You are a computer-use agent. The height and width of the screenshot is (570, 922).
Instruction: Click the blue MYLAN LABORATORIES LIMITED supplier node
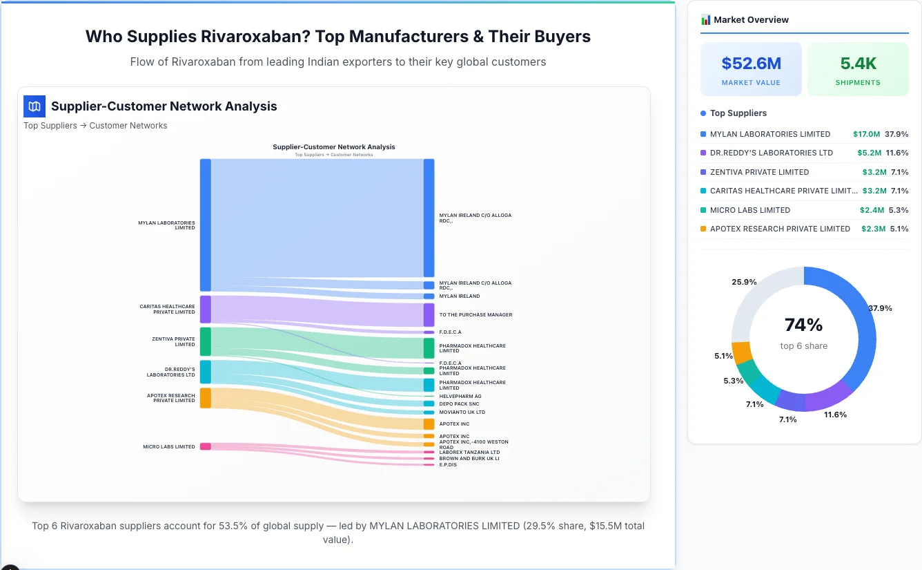coord(205,225)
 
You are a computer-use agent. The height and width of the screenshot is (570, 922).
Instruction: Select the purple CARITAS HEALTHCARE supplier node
coord(205,309)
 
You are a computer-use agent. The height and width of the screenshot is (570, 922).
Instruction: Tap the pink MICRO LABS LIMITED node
coord(205,446)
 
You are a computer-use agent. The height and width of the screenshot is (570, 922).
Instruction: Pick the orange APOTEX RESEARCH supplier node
coord(205,398)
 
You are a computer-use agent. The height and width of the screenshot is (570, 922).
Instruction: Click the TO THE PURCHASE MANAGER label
coord(475,315)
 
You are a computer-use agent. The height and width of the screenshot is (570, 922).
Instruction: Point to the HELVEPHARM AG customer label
coord(460,397)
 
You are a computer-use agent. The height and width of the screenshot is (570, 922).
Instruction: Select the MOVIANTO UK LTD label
coord(462,412)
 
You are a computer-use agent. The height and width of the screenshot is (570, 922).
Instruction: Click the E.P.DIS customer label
coord(448,465)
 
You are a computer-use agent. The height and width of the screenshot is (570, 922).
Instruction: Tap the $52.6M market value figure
coord(751,64)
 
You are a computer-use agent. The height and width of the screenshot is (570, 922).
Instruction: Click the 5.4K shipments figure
coord(858,64)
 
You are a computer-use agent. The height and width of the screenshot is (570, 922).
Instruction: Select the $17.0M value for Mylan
coord(866,134)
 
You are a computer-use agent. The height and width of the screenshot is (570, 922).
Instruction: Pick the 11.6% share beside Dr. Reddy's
coord(897,153)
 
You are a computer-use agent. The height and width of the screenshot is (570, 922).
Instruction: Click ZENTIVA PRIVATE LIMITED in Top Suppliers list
coord(759,172)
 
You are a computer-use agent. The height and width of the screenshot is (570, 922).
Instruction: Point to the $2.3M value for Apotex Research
coord(873,229)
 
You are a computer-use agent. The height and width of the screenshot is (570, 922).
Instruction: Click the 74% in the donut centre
coord(803,325)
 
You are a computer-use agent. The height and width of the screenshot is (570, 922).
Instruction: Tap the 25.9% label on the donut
coord(744,282)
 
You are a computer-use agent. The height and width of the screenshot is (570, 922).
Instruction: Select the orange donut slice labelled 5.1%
coord(742,352)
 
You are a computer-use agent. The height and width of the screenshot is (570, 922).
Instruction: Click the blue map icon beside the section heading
coord(35,106)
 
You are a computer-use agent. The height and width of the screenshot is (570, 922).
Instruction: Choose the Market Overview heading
coord(751,20)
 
